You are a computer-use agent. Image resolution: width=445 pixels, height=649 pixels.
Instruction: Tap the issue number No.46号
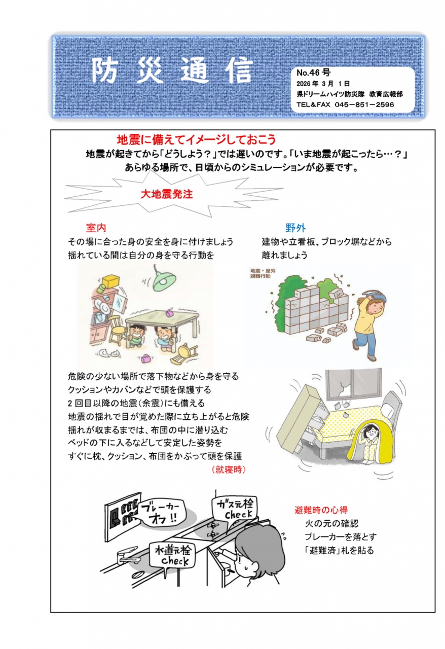[x=313, y=72]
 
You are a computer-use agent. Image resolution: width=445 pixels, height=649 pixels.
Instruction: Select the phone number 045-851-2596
[x=364, y=104]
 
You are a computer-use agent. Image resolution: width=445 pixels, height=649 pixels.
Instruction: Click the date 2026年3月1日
[x=323, y=84]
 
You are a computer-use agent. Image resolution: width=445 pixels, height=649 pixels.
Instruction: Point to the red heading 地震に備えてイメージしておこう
[x=196, y=139]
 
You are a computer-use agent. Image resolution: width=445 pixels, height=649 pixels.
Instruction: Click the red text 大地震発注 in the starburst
[x=167, y=194]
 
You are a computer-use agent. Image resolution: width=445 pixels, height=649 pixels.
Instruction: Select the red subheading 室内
[x=96, y=228]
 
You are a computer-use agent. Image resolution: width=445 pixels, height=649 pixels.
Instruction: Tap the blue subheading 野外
[x=295, y=228]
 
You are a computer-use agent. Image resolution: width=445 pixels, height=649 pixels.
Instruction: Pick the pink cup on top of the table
[x=169, y=313]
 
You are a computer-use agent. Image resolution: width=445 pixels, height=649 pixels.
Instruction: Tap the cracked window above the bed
[x=353, y=385]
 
